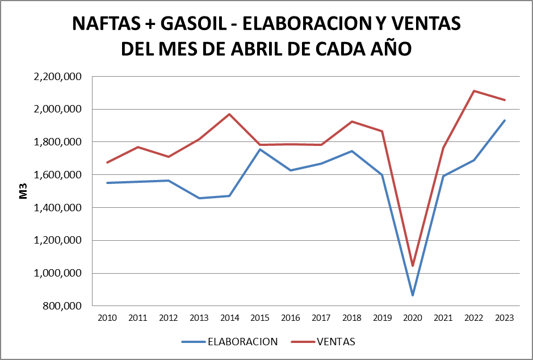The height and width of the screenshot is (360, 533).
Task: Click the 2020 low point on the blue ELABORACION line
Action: tap(413, 295)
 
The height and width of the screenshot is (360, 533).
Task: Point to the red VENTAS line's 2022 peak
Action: tap(473, 91)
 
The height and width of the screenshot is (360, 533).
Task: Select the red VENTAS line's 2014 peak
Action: tap(229, 114)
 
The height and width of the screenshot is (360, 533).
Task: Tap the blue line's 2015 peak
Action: tap(260, 149)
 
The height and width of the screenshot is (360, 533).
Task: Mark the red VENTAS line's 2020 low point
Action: tap(413, 265)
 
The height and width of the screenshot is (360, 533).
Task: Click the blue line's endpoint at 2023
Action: tap(504, 120)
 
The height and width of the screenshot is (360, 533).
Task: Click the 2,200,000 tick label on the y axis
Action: tap(58, 77)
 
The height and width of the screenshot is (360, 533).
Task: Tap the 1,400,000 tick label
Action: tap(58, 208)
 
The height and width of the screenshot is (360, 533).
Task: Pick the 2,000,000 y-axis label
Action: tap(58, 110)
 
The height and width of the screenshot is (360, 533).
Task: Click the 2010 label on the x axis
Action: tap(107, 318)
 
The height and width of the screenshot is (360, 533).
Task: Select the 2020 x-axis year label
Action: tap(413, 318)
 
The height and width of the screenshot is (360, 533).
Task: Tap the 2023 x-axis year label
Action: tap(504, 318)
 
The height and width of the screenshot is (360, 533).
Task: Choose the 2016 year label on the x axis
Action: tap(291, 318)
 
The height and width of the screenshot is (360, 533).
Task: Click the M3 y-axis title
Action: tap(24, 191)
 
